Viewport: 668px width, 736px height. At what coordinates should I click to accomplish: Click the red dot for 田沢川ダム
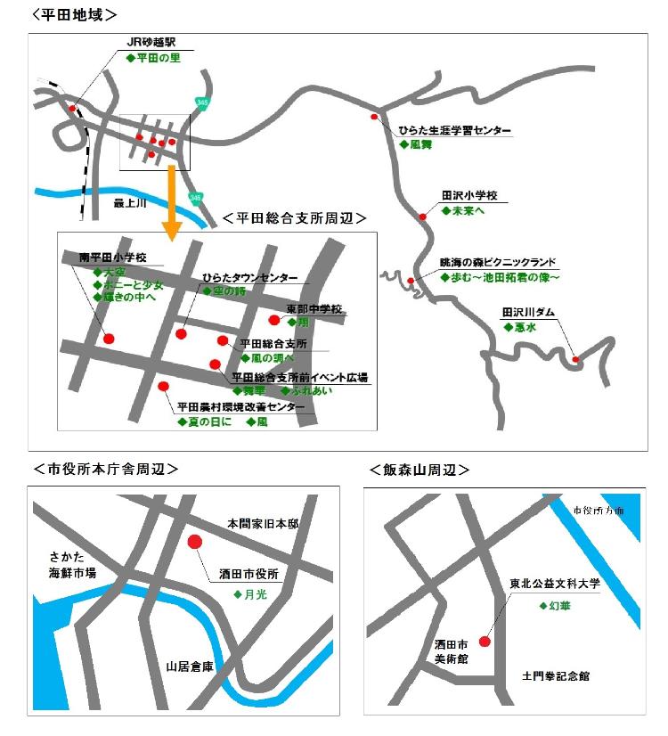tap(576, 360)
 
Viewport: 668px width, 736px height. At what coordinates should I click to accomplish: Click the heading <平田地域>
tap(76, 14)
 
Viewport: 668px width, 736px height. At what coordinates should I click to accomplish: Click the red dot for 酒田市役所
tap(195, 542)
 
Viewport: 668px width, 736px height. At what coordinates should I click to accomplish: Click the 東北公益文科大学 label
tap(555, 585)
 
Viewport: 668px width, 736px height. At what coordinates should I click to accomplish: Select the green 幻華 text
tap(558, 605)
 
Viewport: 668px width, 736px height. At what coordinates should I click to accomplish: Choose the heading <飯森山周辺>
tap(419, 470)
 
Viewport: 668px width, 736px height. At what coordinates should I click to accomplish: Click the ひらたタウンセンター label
tap(249, 278)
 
